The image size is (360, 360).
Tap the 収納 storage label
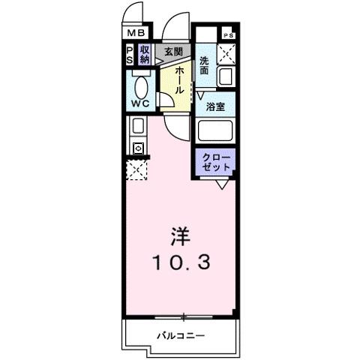point(144,54)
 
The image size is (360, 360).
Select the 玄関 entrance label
point(173,52)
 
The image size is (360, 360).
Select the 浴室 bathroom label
point(217,106)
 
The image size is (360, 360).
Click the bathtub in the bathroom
point(216,131)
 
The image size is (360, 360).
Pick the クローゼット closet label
point(216,162)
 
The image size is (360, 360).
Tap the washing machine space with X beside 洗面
point(226,54)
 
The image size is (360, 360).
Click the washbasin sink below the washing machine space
point(226,76)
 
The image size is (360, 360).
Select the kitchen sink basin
point(138,126)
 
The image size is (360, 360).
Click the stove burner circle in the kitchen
point(138,148)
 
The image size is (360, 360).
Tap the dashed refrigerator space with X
point(137,170)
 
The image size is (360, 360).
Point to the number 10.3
point(180,262)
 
